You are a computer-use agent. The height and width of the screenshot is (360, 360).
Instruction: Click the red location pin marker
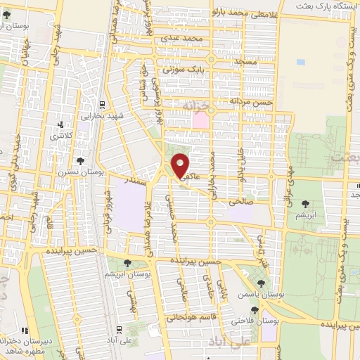pos(181,165)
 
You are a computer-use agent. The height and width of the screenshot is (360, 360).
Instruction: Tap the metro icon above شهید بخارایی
pos(103,103)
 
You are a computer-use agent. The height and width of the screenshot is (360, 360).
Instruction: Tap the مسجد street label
pos(249,63)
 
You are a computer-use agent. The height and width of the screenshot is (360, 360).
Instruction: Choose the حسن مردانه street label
pos(253,102)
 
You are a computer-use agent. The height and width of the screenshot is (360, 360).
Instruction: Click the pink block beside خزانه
pos(200,120)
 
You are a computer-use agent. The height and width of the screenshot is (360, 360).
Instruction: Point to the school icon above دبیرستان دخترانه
pos(25,330)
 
